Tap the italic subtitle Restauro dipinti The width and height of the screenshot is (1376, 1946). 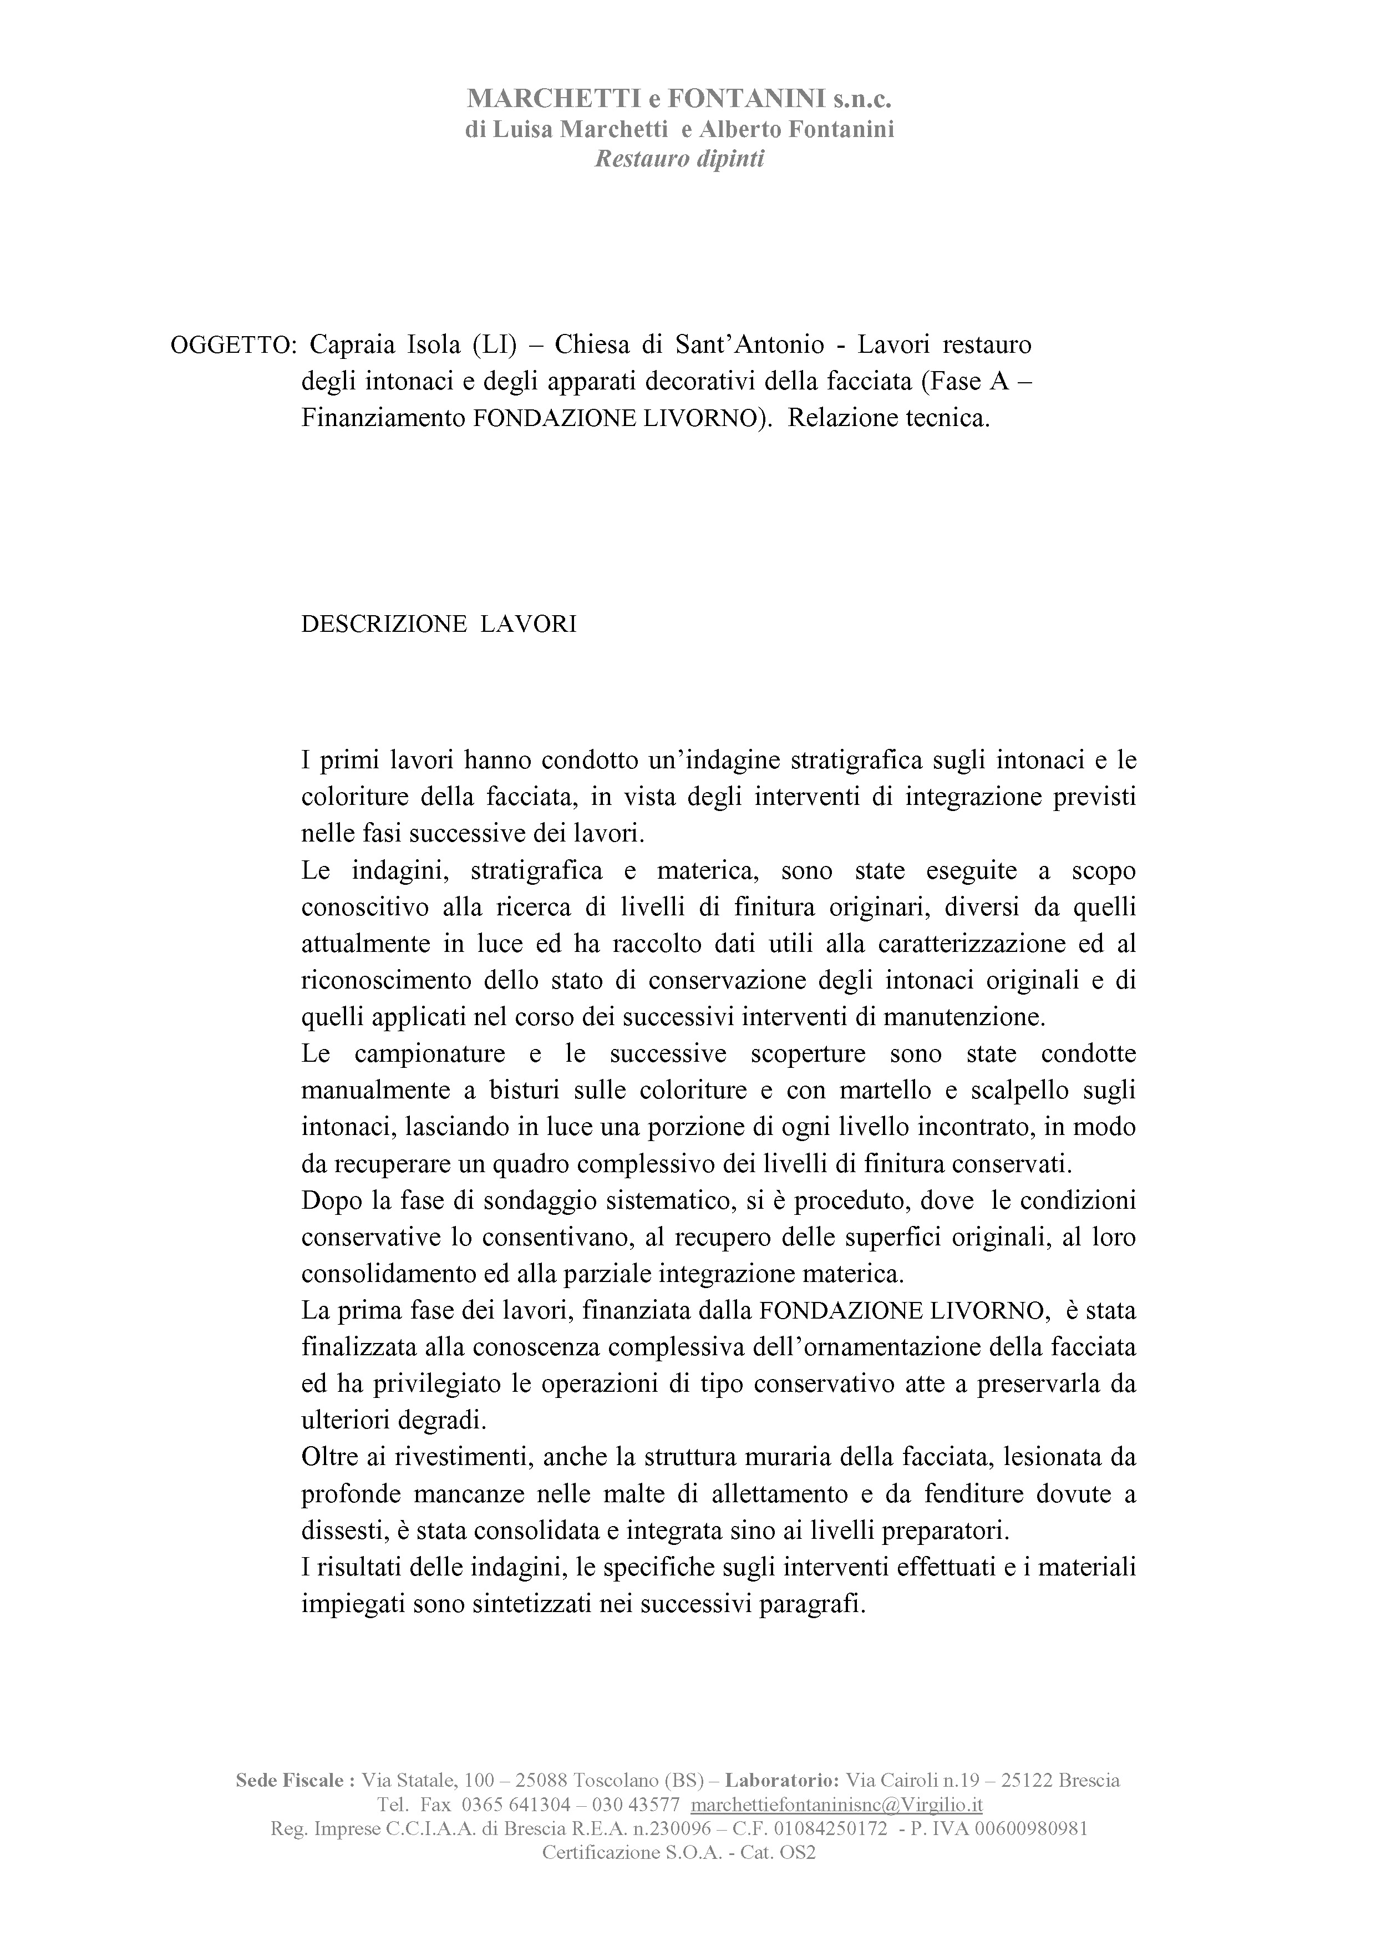point(679,159)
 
